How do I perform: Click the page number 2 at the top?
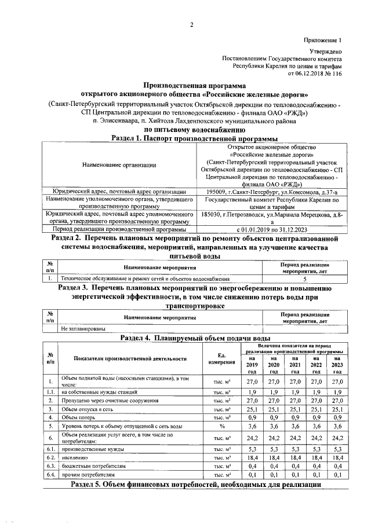(191, 24)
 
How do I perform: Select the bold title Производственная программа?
(191, 85)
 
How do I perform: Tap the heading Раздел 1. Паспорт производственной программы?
(191, 138)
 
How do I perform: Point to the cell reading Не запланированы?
(83, 329)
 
